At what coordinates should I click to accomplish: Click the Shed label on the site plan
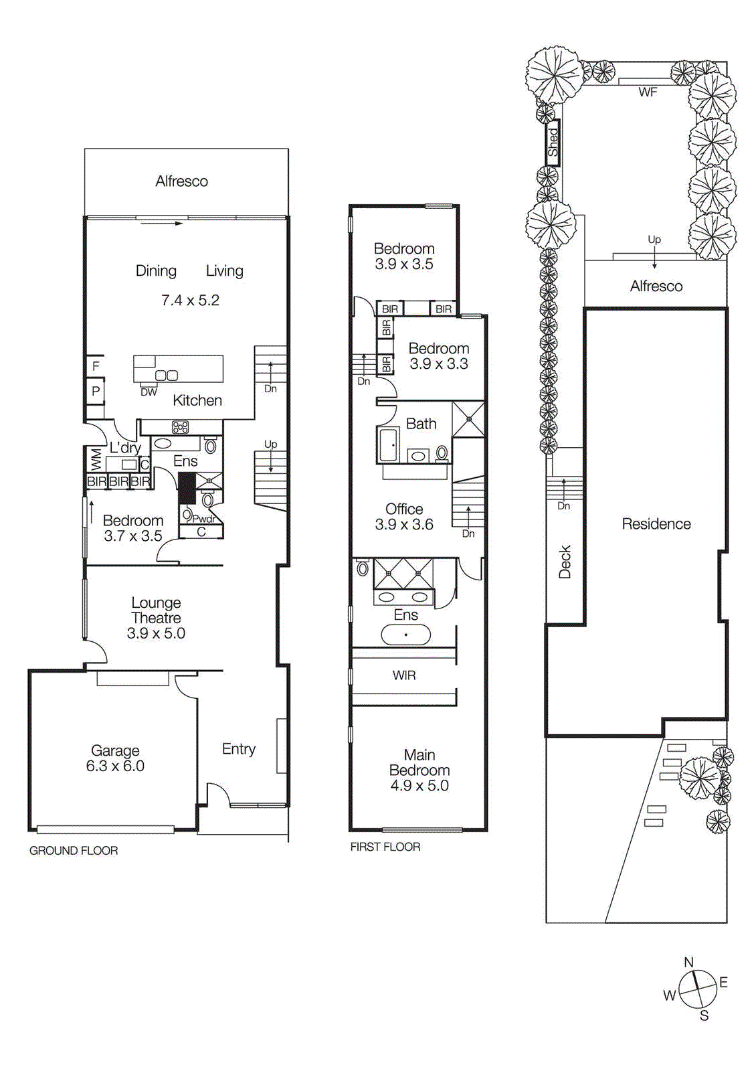[553, 143]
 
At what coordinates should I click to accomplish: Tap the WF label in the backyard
[647, 92]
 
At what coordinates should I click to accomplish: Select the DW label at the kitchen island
[149, 392]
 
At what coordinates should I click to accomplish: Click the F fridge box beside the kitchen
[96, 366]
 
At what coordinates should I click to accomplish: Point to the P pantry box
[96, 392]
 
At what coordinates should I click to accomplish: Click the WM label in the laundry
[96, 460]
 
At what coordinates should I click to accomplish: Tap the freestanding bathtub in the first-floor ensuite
[405, 635]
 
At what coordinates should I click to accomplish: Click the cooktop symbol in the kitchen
[180, 427]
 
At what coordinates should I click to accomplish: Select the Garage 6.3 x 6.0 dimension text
[115, 766]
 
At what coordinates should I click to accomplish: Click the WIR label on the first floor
[404, 675]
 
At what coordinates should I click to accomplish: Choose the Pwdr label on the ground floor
[203, 519]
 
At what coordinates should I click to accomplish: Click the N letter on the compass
[688, 963]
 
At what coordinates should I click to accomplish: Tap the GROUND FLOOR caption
[74, 851]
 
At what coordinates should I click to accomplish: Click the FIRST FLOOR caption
[385, 847]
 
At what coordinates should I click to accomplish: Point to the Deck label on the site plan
[565, 562]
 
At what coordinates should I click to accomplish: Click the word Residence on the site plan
[656, 524]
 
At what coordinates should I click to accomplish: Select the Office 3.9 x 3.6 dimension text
[404, 525]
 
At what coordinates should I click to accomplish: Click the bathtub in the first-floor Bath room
[389, 446]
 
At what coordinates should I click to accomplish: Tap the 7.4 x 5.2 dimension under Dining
[190, 301]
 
